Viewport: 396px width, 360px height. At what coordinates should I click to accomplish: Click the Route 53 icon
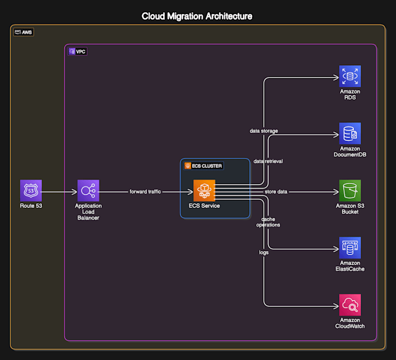30,190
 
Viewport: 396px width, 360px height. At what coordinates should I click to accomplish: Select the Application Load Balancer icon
89,190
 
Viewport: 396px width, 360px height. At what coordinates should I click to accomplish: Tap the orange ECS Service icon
204,190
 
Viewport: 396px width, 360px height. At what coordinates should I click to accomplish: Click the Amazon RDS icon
350,76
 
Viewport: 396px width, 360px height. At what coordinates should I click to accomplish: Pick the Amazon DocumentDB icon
350,133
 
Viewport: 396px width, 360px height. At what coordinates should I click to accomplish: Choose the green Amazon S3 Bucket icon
350,190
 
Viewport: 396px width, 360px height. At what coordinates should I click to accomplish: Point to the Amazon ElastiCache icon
350,248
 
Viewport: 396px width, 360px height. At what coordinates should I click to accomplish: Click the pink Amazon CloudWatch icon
350,305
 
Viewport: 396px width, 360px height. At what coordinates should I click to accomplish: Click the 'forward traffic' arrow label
146,191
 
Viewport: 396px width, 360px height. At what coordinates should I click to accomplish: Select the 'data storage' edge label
264,131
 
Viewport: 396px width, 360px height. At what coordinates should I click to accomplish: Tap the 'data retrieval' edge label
268,161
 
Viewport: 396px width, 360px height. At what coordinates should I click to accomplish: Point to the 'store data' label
275,191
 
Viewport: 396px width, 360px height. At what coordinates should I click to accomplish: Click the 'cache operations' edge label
268,221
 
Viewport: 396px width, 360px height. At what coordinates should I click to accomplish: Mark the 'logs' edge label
264,252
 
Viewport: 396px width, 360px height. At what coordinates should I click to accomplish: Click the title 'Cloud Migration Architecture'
197,16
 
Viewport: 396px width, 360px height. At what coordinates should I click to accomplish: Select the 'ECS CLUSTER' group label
204,165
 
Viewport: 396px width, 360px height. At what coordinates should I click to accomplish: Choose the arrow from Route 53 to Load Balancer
59,191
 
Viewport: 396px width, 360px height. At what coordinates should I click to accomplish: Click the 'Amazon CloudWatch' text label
350,323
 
